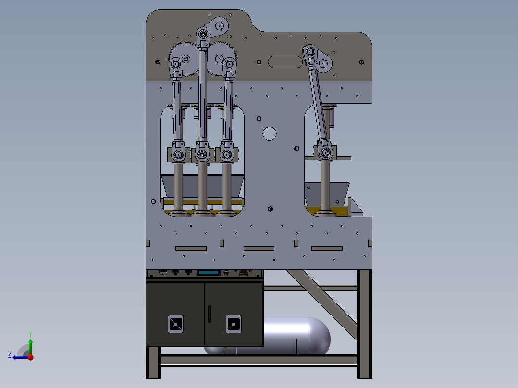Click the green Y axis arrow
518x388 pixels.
30,346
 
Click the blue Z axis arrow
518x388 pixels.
21,357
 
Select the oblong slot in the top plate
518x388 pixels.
285,62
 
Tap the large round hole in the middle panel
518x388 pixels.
269,134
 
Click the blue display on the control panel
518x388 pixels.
209,273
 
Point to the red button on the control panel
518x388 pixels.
244,272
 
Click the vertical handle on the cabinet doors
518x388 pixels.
210,314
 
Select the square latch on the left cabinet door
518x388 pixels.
175,324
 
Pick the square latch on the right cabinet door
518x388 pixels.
234,324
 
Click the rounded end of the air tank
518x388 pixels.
320,336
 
